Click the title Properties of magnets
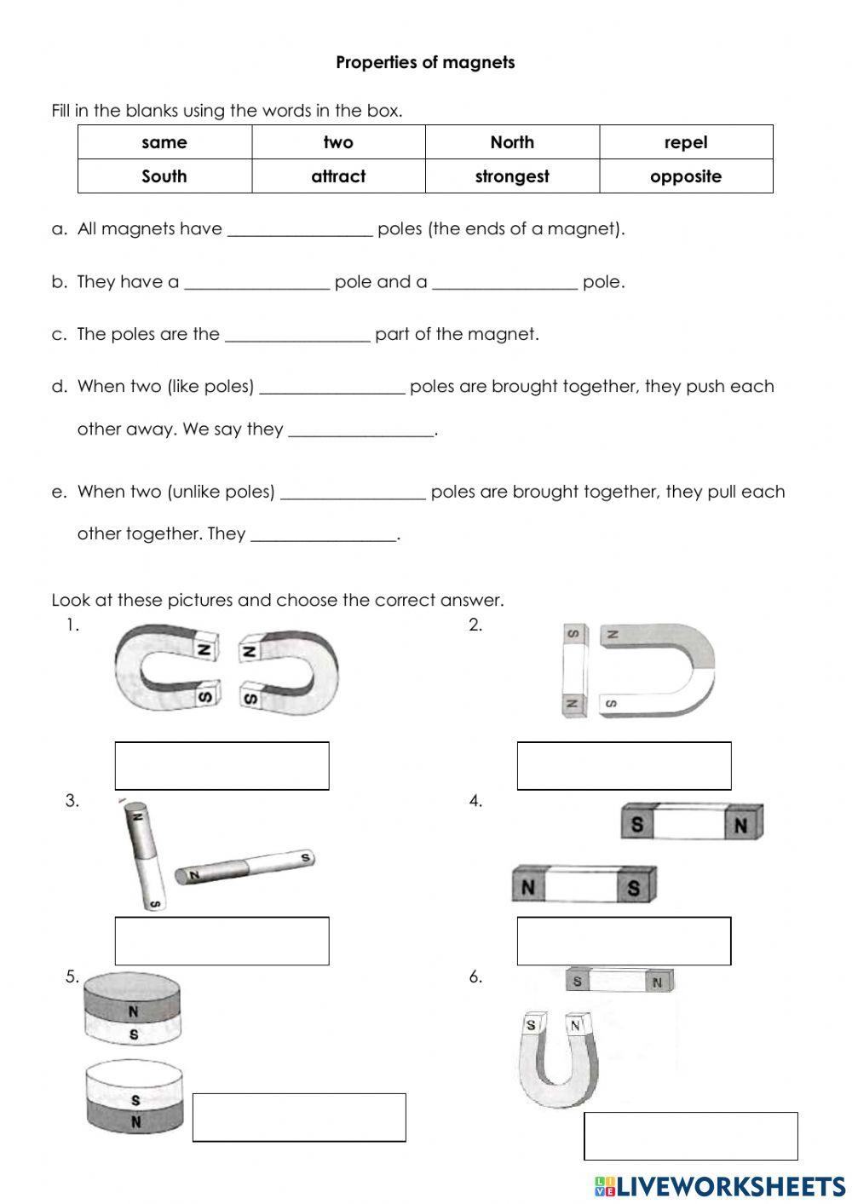[x=425, y=62]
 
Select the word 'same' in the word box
[x=164, y=142]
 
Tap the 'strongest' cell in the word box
[x=512, y=176]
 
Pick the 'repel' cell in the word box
[x=686, y=142]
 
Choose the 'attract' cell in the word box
[x=338, y=176]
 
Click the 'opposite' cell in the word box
[x=686, y=176]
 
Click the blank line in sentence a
[x=300, y=230]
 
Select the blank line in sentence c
[x=297, y=336]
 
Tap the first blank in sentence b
[x=256, y=283]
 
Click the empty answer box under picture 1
[x=222, y=765]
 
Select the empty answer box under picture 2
[x=624, y=765]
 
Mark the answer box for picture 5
[x=299, y=1117]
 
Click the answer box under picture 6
[x=690, y=1136]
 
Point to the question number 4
[x=475, y=800]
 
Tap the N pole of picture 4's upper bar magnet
[x=740, y=824]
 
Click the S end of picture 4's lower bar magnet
[x=633, y=888]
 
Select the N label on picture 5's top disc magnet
[x=133, y=1012]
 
